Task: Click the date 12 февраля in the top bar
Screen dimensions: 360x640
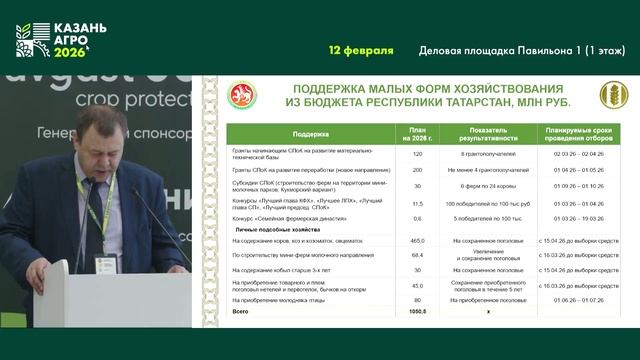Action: click(361, 50)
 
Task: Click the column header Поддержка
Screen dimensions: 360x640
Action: click(311, 133)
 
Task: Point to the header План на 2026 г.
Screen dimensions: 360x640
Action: click(418, 133)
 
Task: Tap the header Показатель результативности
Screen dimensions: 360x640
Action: click(487, 133)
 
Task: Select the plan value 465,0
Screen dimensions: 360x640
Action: click(418, 241)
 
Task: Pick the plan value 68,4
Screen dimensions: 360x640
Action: click(418, 255)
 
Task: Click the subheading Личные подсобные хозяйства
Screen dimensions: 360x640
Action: click(270, 229)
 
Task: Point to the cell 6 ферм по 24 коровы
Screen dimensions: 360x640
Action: click(487, 186)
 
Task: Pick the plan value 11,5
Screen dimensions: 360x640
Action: click(418, 201)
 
